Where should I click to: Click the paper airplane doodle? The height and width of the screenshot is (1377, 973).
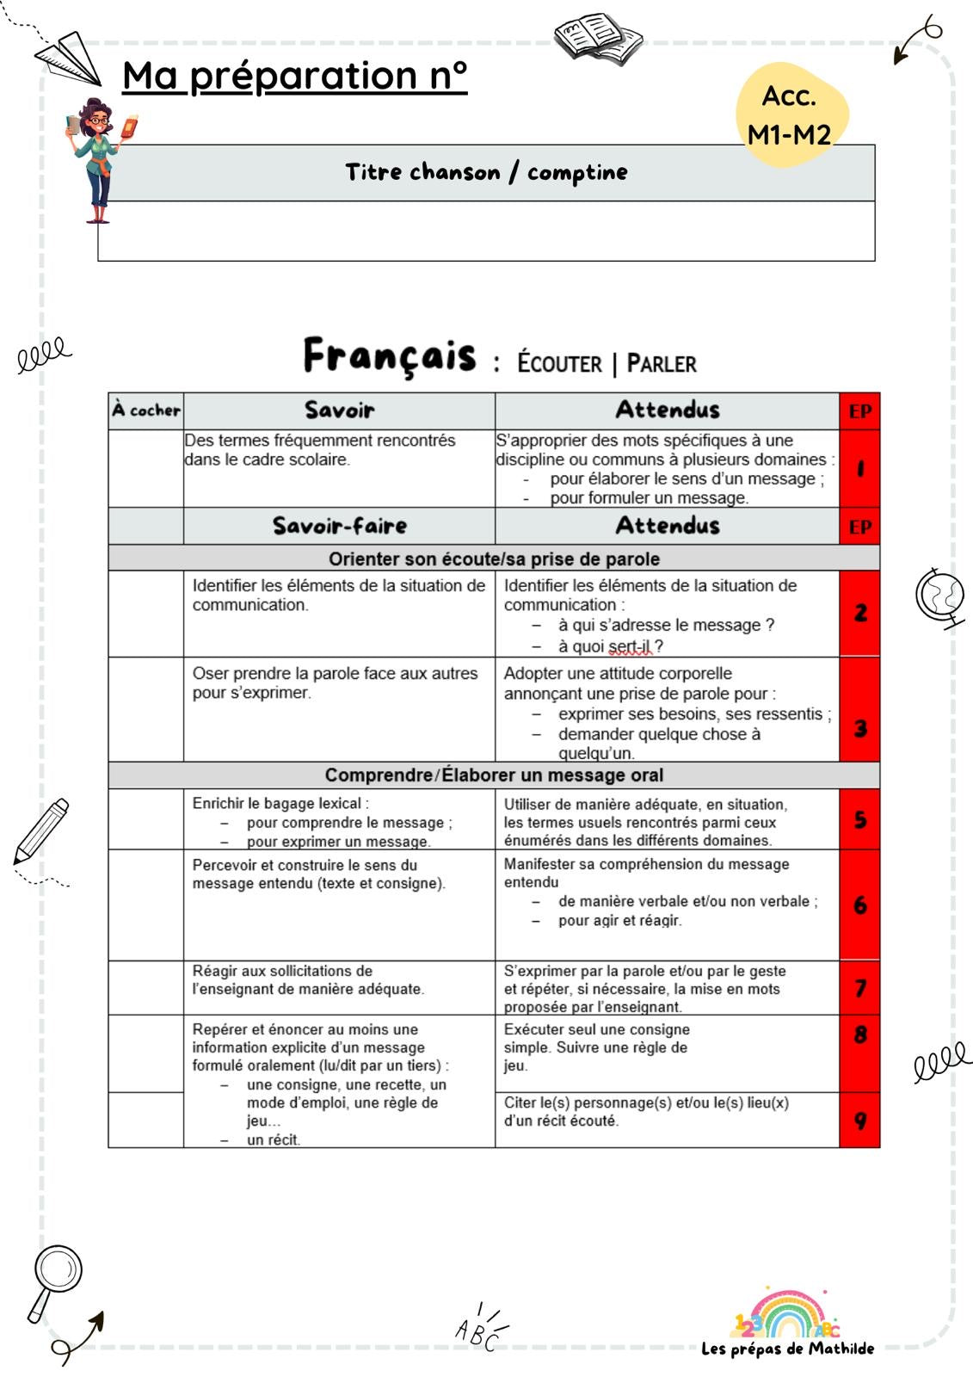71,59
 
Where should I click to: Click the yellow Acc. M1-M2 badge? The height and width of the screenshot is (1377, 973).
791,114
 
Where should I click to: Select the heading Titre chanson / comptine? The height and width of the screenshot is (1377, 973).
486,172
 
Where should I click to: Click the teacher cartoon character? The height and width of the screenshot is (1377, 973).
99,159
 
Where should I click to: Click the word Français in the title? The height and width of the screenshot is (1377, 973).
389,356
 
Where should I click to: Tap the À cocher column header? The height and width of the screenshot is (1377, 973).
145,411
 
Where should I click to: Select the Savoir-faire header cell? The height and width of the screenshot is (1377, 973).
339,525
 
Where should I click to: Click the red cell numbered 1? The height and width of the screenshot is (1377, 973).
859,469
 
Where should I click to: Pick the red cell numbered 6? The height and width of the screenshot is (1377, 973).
859,905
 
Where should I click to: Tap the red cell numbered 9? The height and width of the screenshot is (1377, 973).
859,1121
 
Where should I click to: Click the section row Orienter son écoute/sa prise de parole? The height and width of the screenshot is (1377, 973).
494,559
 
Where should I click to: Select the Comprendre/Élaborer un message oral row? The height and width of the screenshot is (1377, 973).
494,775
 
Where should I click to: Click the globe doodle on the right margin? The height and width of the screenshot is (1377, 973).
940,596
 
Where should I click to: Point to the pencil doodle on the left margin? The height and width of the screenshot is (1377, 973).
40,831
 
